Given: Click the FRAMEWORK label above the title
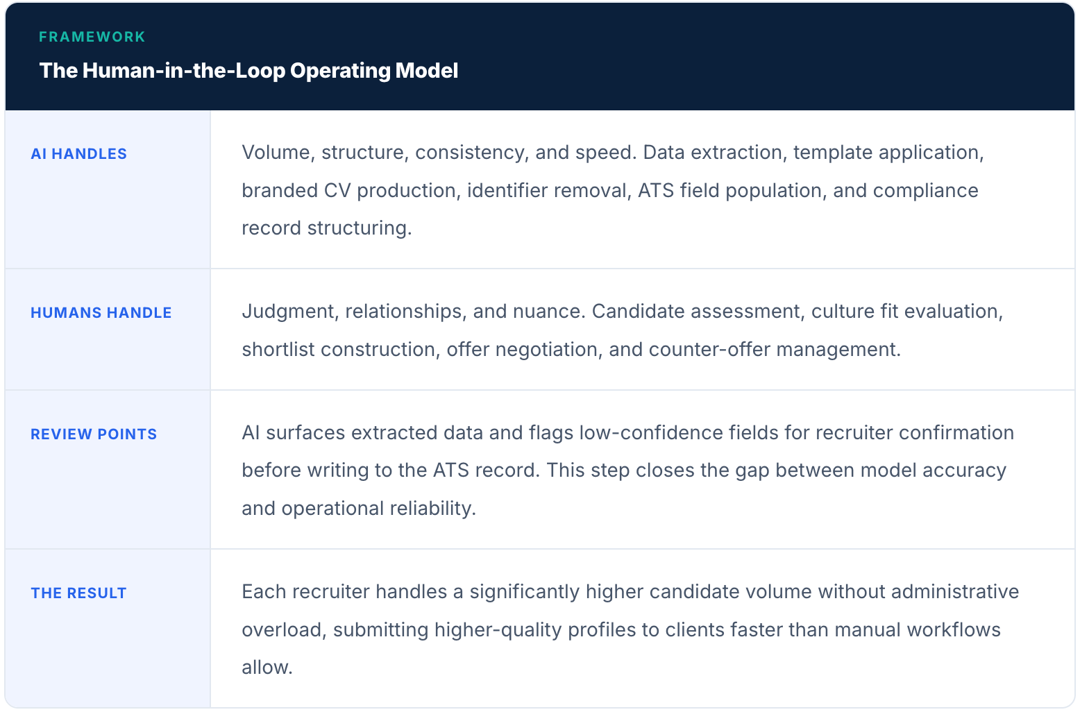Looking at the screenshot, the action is coord(92,37).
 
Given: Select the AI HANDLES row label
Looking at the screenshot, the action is coord(78,154).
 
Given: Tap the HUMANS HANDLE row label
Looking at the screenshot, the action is coord(101,313).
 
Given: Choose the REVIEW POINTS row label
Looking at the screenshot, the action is coord(94,434).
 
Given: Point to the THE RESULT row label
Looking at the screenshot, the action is coord(78,593).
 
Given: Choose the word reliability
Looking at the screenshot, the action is coord(432,509).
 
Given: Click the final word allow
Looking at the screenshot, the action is coord(267,668).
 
